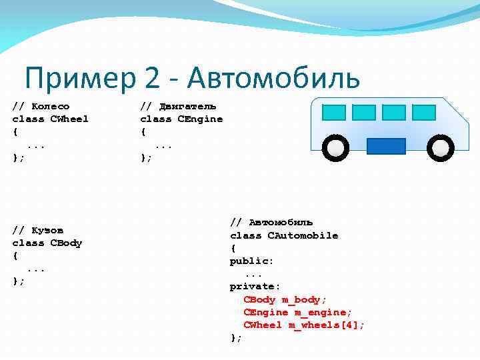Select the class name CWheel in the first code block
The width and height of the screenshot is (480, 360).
tap(69, 119)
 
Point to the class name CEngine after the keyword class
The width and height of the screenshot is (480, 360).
tap(200, 119)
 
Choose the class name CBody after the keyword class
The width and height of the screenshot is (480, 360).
tap(66, 243)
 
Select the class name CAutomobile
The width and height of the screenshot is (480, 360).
tap(303, 235)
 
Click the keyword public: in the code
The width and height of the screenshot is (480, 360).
tap(252, 261)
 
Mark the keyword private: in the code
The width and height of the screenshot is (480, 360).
tap(255, 287)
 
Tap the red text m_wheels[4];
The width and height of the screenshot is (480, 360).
tap(327, 325)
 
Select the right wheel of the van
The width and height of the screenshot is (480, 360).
tap(439, 147)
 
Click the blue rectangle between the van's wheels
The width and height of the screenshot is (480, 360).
tap(387, 146)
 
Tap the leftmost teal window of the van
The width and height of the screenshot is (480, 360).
tap(333, 113)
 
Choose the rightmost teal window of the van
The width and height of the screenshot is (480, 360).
tap(423, 113)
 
